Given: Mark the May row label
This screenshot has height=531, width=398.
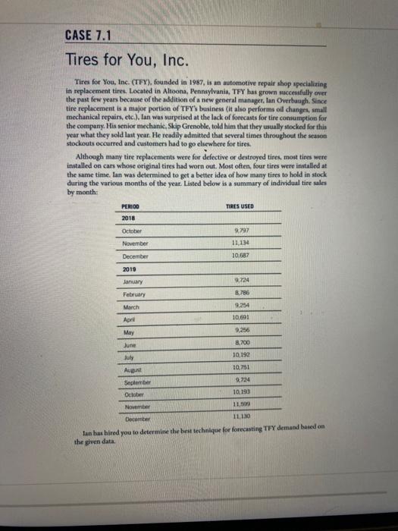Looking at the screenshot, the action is point(129,335).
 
